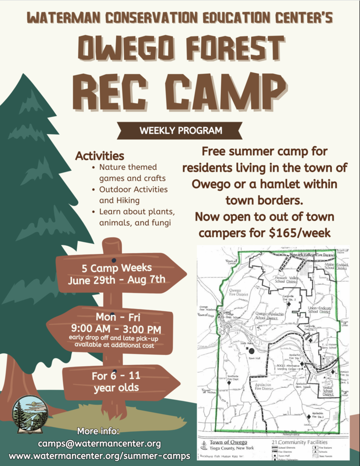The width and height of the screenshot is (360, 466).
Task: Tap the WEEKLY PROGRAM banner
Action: coord(181,131)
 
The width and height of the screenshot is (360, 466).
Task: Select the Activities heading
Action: coord(99,156)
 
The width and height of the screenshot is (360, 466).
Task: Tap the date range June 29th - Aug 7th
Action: coord(117,279)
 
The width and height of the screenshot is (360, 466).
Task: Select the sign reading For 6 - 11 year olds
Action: coord(116,382)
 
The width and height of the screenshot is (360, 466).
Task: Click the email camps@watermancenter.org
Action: coord(99,443)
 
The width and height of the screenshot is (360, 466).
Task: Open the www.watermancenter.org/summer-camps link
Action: coord(99,456)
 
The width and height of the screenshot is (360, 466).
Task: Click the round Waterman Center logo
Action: coord(30,414)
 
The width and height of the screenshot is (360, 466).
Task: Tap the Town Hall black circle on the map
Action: coord(251,350)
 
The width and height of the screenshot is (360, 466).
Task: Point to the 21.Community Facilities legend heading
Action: coord(299,442)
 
